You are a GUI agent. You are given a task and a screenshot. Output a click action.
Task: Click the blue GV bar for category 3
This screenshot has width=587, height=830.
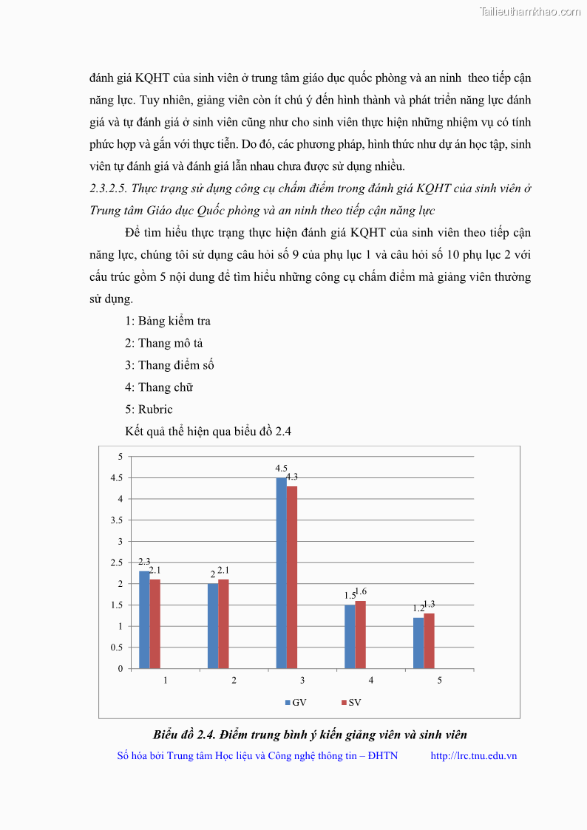281,573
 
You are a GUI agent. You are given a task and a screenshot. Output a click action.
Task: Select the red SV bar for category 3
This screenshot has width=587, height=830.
291,577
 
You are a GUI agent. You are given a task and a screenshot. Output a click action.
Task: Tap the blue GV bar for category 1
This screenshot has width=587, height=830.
144,619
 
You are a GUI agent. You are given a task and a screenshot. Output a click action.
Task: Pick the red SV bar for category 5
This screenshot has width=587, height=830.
429,641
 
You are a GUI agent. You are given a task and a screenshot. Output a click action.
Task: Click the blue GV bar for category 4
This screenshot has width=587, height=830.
350,636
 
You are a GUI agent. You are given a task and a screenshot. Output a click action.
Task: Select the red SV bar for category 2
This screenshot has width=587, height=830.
223,624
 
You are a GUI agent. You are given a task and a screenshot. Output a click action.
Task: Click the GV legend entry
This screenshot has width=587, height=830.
296,702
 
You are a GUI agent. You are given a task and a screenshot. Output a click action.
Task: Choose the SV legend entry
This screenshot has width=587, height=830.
350,702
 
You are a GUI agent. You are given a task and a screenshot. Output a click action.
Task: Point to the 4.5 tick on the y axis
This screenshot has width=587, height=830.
117,478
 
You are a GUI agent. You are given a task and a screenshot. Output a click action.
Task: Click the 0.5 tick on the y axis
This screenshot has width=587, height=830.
117,648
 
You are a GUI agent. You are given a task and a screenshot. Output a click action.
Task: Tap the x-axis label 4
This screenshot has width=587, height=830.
370,680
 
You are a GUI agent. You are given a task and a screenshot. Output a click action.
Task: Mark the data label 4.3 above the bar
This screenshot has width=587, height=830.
292,477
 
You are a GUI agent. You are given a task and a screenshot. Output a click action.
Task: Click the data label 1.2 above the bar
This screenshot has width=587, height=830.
418,608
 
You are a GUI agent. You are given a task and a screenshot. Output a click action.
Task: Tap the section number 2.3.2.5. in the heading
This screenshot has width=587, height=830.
112,188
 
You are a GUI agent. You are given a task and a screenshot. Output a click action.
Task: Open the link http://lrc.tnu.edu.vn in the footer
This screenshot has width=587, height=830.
473,755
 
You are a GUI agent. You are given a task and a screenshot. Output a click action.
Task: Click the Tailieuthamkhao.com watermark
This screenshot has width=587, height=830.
530,11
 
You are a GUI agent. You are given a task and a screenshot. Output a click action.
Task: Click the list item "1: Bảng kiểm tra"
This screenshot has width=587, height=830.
168,321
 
